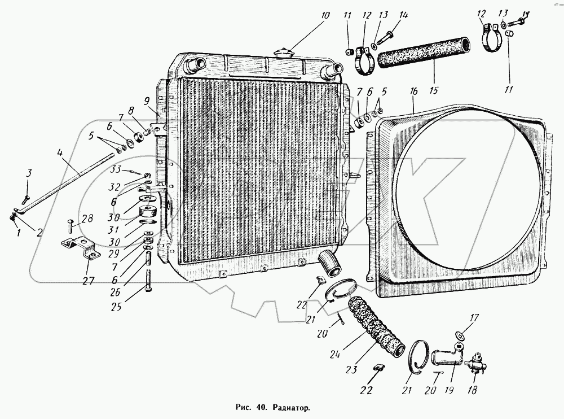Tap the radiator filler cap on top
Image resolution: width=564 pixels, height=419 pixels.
pyautogui.click(x=283, y=51)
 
